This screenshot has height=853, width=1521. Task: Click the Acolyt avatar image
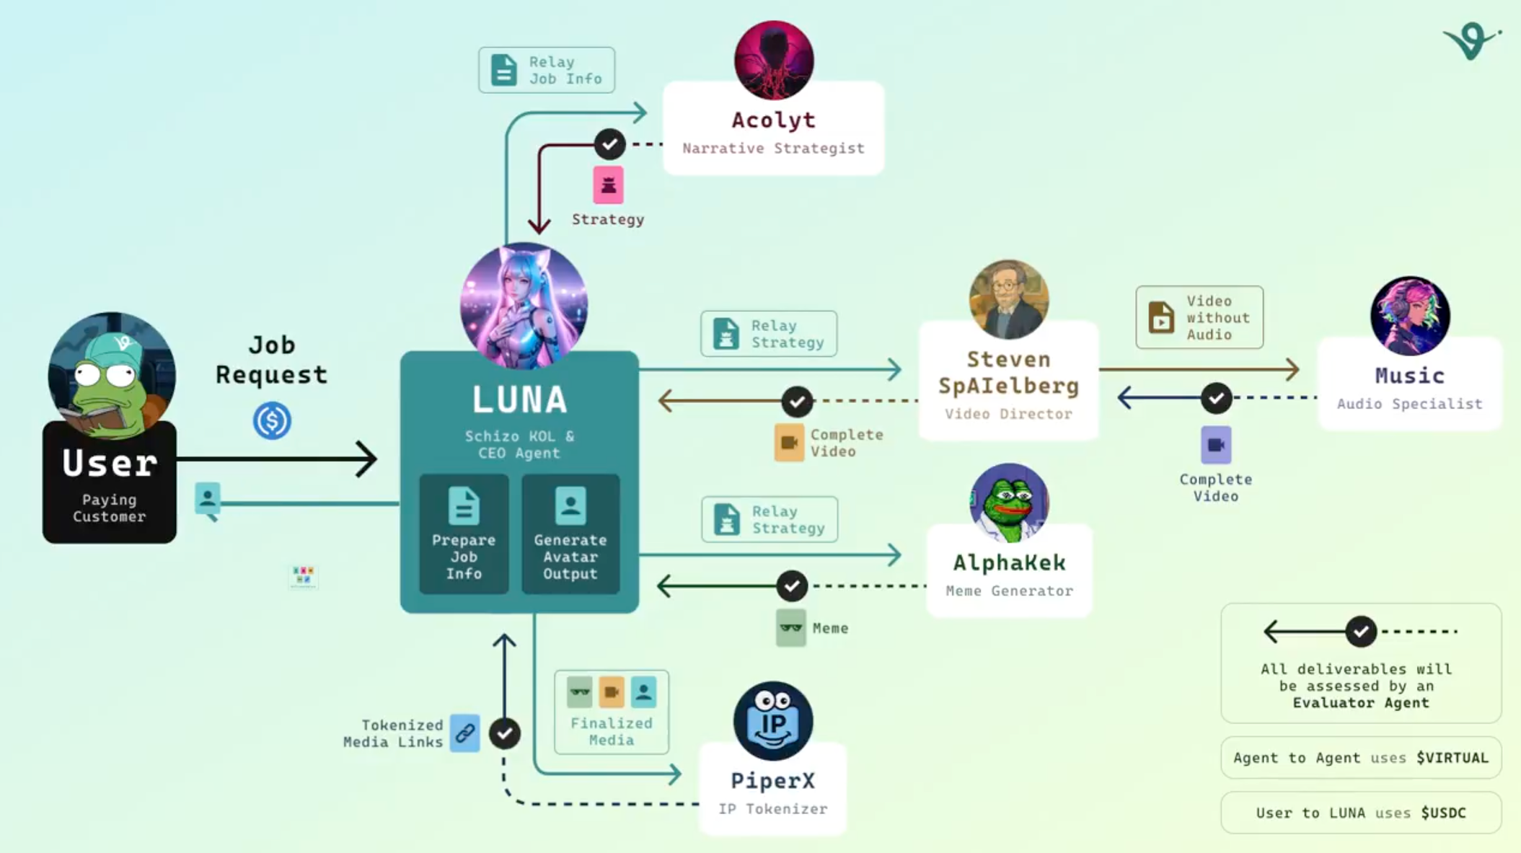774,60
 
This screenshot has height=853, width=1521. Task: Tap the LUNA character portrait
524,306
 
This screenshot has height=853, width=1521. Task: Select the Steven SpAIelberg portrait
1008,300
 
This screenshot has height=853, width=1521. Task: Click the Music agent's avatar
1410,316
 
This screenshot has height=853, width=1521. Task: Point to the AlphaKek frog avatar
1009,503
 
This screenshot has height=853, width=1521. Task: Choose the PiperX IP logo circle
773,720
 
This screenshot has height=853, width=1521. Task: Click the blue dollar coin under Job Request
272,420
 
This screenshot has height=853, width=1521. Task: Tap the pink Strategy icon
608,185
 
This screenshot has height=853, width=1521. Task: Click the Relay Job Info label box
547,70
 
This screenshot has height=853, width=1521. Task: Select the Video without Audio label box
1199,317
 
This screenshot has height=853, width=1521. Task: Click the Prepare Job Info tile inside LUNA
464,534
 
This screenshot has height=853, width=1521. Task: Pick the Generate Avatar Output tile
570,534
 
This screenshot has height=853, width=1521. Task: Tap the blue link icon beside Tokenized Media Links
465,733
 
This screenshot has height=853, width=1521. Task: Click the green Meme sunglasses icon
790,628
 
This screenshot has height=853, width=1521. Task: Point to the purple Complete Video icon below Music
1216,445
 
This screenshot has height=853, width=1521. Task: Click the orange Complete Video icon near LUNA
789,443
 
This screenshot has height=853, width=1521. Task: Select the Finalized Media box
611,712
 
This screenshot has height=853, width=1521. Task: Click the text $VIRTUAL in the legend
1452,758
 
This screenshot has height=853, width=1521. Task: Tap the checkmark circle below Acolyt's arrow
609,144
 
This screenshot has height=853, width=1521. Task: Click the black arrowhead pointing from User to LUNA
366,459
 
